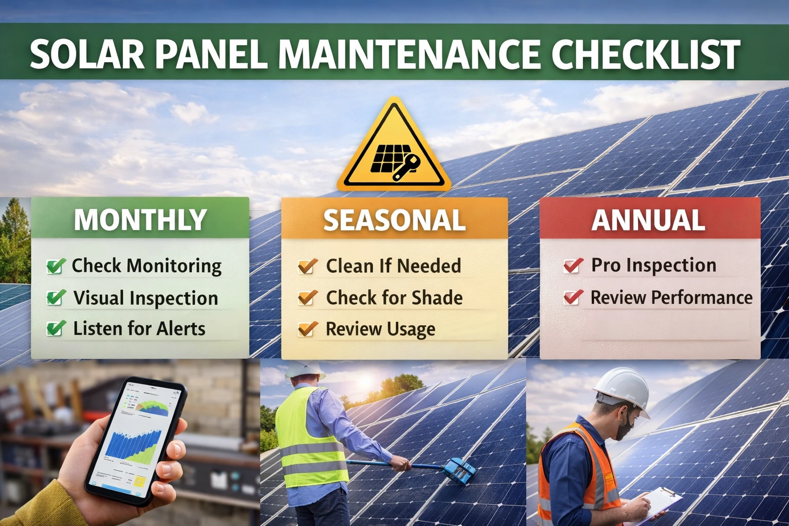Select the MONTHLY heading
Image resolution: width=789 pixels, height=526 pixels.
[x=140, y=220]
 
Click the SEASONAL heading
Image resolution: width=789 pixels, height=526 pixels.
[x=394, y=220]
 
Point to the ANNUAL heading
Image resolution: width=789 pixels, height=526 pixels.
[x=648, y=220]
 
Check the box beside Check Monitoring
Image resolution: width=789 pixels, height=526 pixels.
[x=55, y=266]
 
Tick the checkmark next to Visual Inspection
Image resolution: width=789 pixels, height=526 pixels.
[x=55, y=298]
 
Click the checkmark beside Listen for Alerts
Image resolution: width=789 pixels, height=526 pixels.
[x=55, y=329]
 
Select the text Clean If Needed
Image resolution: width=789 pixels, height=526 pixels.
[x=393, y=266]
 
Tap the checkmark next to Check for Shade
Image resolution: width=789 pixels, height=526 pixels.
[x=307, y=298]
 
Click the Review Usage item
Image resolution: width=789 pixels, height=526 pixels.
[x=380, y=329]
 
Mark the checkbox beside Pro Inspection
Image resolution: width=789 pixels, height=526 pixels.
[x=573, y=266]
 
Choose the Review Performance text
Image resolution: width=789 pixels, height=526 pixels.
[x=671, y=297]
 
